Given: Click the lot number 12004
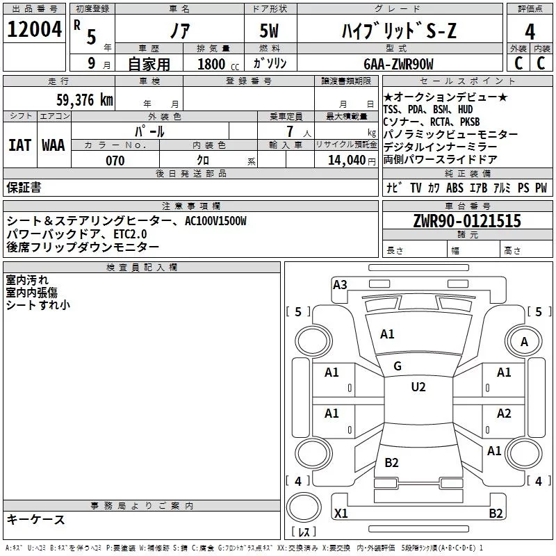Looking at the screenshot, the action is point(34,30).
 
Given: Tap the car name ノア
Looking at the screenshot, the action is point(179,31).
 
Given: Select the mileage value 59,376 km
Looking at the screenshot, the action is point(84,100).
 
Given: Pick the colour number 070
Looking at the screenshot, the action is point(115,161).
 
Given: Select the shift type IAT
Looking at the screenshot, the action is point(19,145).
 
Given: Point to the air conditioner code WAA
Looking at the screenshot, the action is point(54,145).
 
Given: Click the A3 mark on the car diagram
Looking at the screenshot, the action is point(340,284).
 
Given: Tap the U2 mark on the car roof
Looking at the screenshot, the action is point(418,387).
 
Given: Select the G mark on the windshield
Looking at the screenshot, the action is point(398,366).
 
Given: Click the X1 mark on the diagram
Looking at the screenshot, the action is point(341,514).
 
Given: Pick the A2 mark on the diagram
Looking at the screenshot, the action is point(504,414).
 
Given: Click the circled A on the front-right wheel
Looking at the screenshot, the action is point(524,341).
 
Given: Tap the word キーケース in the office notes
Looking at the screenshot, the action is point(35,519).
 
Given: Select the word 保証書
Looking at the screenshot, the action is point(24,187).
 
